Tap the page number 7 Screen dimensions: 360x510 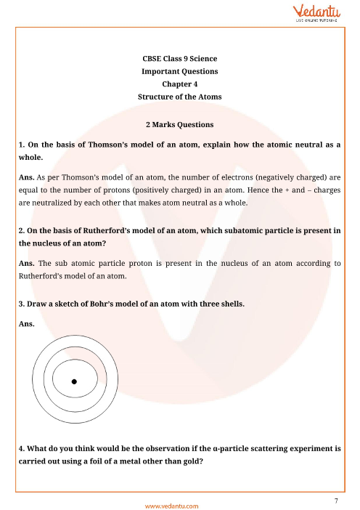337,481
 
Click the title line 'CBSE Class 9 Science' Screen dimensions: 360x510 179,58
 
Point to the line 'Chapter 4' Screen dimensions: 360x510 179,84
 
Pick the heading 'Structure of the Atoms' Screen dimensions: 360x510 179,97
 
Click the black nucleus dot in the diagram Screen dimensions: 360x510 73,381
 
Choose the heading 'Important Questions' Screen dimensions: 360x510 179,71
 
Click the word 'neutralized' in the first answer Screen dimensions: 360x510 57,203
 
